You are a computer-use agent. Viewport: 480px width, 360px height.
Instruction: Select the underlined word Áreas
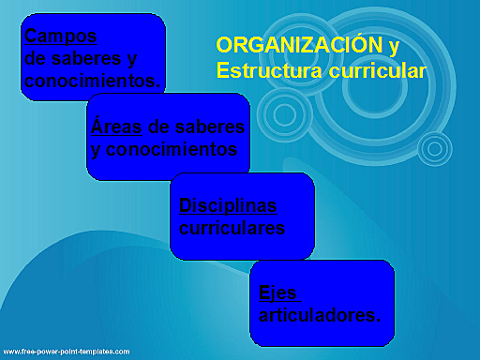[x=112, y=127]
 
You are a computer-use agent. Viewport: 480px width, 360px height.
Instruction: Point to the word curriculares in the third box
[x=232, y=228]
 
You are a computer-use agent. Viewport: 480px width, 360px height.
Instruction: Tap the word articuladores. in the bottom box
[x=320, y=314]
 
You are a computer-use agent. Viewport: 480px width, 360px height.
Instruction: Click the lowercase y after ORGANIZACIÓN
[x=395, y=45]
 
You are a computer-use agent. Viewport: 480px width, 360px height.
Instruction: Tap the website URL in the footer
[x=65, y=351]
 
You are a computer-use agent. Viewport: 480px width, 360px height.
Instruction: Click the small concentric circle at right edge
[x=433, y=148]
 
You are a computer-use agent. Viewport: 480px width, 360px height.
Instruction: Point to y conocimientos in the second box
[x=164, y=149]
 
